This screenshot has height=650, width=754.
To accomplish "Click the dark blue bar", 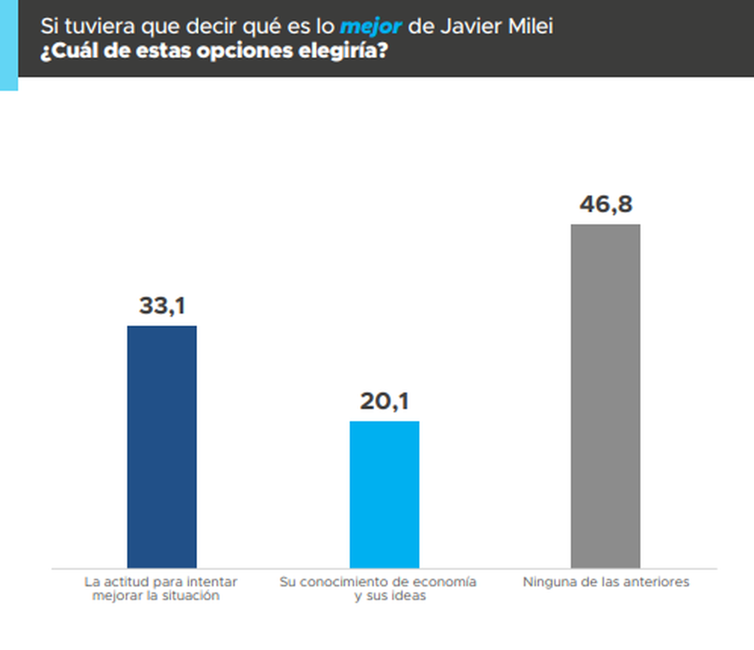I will (x=162, y=446).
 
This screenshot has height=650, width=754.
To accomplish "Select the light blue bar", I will (x=385, y=494).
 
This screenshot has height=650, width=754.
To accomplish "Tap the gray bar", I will (x=606, y=396).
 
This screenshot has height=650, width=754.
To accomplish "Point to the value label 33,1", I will (x=162, y=306).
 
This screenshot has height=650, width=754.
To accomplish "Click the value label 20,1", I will (x=385, y=401).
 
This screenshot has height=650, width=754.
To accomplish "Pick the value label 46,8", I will (x=606, y=204).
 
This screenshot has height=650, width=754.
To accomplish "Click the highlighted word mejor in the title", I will (x=370, y=27).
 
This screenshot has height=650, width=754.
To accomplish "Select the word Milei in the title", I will (x=530, y=27).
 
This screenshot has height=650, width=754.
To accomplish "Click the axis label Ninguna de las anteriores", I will (x=606, y=582).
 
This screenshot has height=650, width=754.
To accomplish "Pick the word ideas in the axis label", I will (x=409, y=596).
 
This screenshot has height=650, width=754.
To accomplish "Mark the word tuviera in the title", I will (x=100, y=27).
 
